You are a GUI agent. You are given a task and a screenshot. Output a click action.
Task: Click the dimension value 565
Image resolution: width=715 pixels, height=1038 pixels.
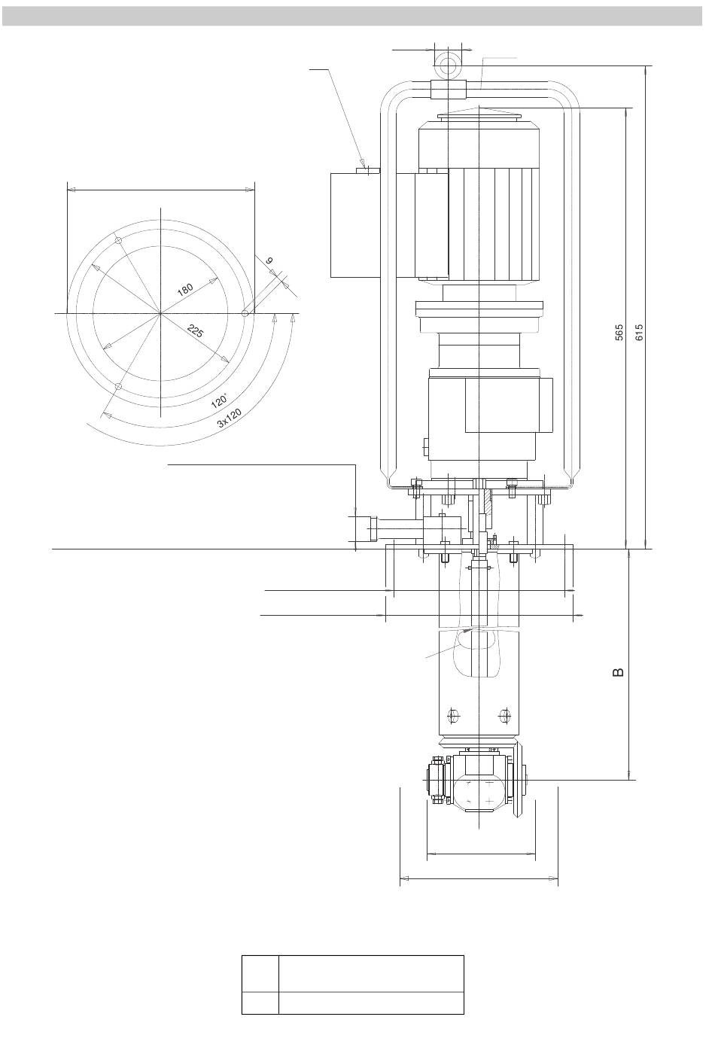[x=619, y=333]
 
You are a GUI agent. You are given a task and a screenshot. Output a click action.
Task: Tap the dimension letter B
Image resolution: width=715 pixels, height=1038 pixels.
[x=618, y=672]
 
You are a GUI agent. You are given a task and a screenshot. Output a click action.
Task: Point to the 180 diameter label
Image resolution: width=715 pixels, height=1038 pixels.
[x=185, y=290]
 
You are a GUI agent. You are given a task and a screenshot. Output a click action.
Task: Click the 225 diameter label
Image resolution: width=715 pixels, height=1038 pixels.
[x=196, y=330]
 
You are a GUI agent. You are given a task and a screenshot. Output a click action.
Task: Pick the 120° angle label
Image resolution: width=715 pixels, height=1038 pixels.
[x=220, y=400]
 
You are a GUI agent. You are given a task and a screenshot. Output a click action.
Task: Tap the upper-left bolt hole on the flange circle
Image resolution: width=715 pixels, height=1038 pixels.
[x=119, y=241]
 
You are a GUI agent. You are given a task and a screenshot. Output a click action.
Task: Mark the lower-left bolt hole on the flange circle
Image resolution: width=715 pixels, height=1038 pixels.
[x=118, y=386]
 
